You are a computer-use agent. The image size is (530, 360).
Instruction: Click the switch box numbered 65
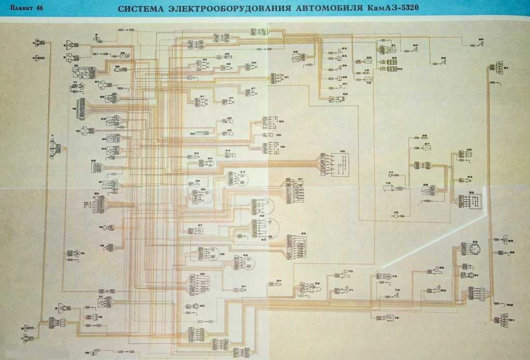pyautogui.click(x=331, y=163)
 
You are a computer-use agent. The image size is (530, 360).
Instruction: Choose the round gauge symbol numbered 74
pyautogui.click(x=383, y=277)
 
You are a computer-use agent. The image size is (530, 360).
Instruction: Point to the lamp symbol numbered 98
pyautogui.click(x=500, y=241)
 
